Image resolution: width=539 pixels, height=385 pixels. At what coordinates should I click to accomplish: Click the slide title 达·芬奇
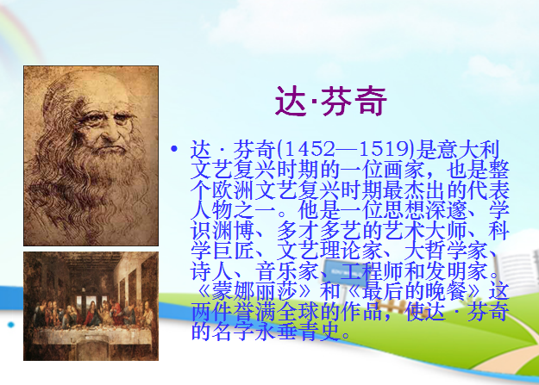pyautogui.click(x=330, y=101)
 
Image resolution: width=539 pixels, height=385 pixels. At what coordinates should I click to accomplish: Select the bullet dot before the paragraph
pyautogui.click(x=174, y=149)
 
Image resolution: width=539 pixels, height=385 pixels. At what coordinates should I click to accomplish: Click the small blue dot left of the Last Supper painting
pyautogui.click(x=11, y=325)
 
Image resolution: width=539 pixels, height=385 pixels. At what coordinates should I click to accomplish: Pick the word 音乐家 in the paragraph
pyautogui.click(x=286, y=271)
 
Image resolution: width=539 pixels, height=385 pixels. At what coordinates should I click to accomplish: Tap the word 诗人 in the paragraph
pyautogui.click(x=211, y=271)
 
